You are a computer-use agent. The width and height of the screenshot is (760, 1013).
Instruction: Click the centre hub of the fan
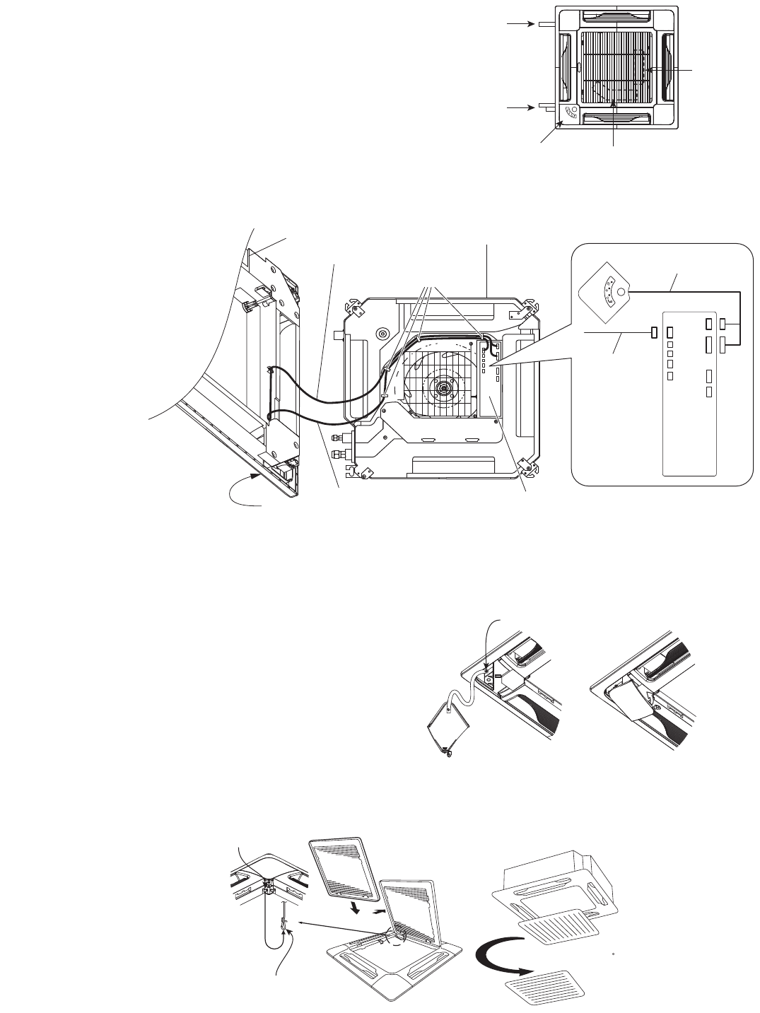[443, 387]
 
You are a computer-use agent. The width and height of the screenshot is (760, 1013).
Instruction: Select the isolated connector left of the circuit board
[654, 332]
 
